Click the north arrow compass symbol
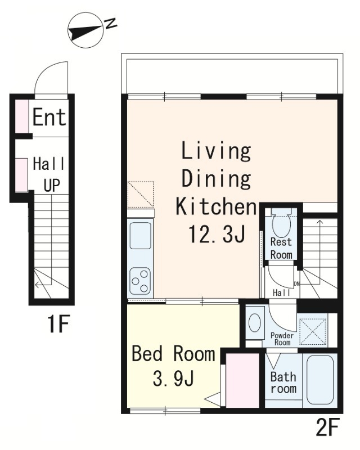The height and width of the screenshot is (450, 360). coord(85,30)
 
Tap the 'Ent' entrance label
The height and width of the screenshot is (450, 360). coord(49,117)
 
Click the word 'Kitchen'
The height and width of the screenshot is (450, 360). coord(216,206)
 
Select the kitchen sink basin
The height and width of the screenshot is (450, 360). coord(141,236)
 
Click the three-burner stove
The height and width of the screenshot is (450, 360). coord(141,281)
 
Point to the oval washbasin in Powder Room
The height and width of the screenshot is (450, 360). coord(255,322)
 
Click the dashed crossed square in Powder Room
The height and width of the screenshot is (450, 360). coord(313,331)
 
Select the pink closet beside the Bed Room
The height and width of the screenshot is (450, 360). coord(242,380)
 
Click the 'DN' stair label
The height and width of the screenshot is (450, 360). coord(297,284)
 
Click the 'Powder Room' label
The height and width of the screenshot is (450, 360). coord(282,339)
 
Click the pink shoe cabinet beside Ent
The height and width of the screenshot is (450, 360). coord(22,116)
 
